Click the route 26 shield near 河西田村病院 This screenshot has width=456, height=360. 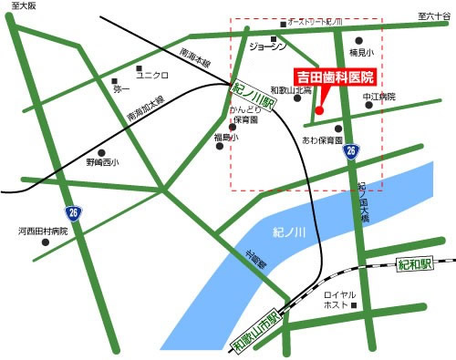(x=73, y=212)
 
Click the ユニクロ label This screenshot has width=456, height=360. (x=152, y=76)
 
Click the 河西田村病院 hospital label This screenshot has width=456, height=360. (x=43, y=231)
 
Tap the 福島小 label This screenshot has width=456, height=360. (x=225, y=137)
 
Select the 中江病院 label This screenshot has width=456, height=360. (x=378, y=97)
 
